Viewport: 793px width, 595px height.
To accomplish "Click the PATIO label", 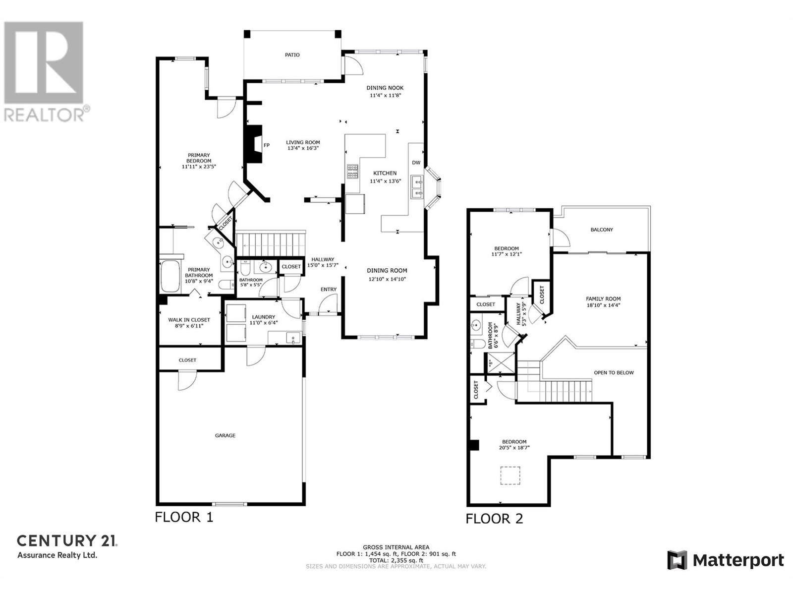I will click(292, 55).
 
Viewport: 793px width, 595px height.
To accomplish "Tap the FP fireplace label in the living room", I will click(267, 145).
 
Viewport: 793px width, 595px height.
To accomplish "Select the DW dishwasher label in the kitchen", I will click(416, 163).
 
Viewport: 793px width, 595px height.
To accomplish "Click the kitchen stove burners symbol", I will click(352, 172).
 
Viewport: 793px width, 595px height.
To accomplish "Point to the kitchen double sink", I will click(417, 187).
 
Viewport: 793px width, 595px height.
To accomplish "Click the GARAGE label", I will click(225, 435).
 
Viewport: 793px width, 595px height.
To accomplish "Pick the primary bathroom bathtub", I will click(170, 276).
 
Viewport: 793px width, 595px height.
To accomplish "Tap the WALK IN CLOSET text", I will click(189, 320).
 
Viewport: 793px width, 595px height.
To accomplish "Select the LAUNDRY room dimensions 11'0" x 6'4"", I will click(263, 323).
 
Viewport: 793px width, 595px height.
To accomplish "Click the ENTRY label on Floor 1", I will click(329, 290).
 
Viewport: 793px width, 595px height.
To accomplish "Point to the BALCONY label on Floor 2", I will click(602, 230).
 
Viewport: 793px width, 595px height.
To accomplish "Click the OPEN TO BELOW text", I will click(614, 372).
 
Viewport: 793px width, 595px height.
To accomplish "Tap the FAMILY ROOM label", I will click(603, 299).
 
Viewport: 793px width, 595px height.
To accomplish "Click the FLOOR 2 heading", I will click(494, 519).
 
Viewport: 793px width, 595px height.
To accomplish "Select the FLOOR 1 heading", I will click(184, 517).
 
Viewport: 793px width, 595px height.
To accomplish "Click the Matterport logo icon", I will click(677, 560).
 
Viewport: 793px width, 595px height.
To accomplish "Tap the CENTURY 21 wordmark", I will click(67, 540).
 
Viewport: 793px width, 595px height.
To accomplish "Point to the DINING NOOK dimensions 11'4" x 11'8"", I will click(385, 95).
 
